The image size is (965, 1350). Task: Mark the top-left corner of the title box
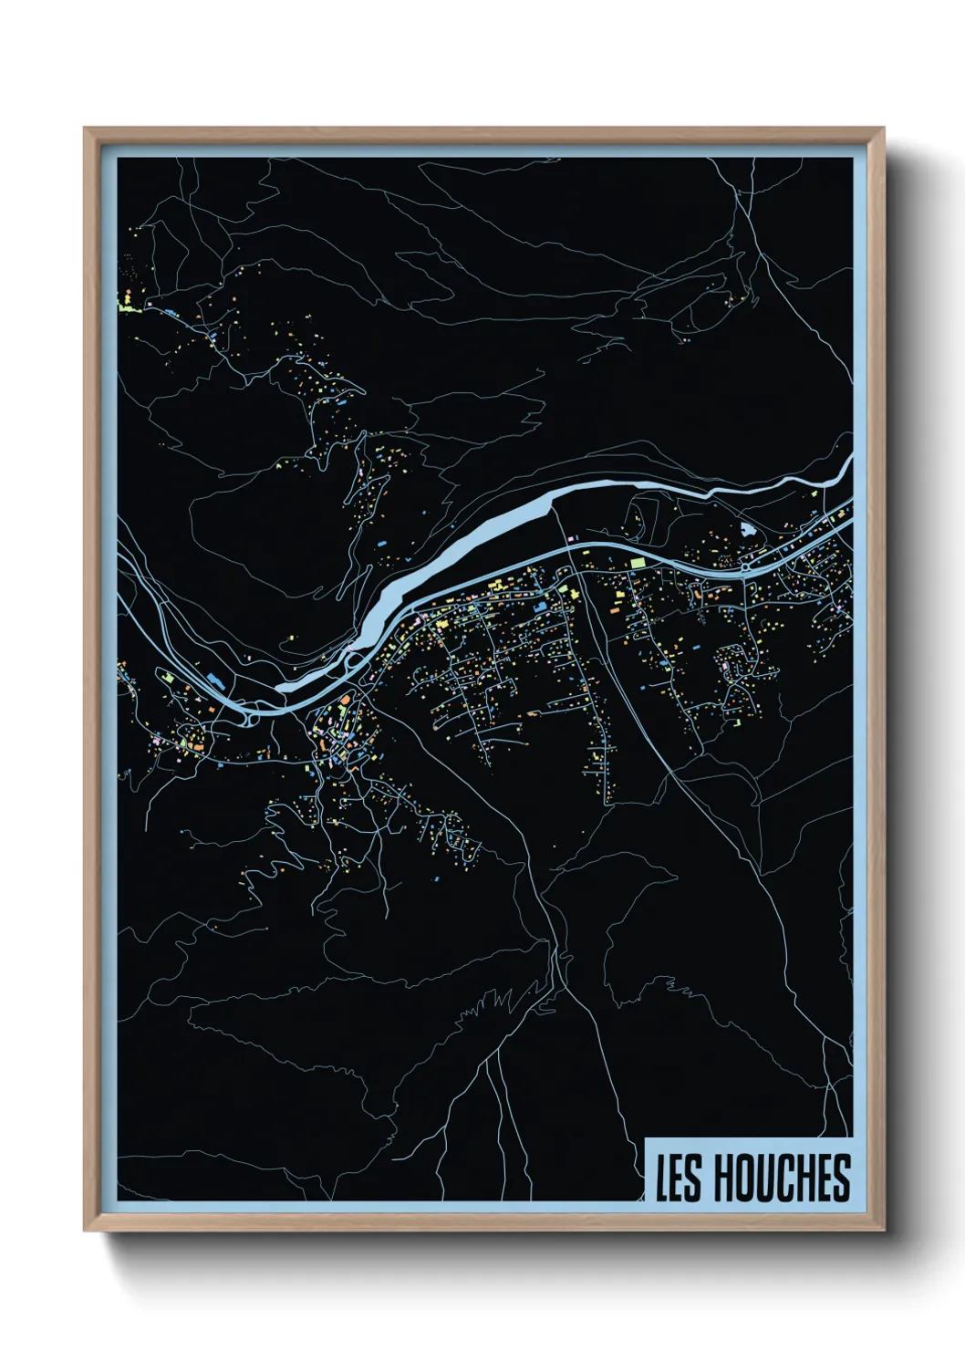[646, 1138]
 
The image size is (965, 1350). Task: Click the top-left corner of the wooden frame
[85, 128]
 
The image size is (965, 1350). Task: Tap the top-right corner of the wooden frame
[883, 128]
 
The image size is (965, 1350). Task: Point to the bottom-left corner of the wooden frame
[85, 1231]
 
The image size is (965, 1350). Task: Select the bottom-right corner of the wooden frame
[883, 1231]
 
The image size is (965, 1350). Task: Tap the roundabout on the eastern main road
[745, 566]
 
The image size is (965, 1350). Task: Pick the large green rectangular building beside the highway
[638, 564]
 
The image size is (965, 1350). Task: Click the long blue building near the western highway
[216, 680]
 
